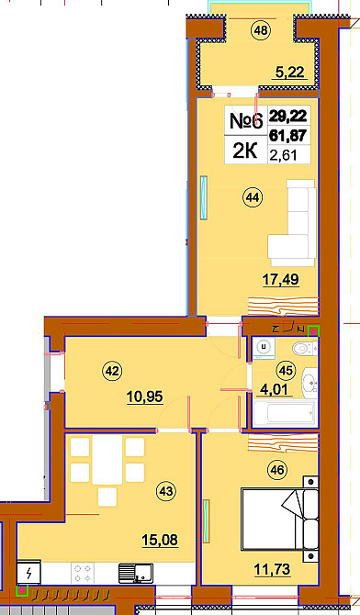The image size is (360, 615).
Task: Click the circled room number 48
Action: [261, 30]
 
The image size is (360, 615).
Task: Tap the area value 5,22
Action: [289, 73]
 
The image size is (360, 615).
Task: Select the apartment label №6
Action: [246, 120]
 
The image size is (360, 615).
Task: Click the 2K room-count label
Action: [245, 151]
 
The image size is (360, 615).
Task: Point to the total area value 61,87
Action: [287, 135]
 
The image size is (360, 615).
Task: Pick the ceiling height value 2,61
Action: [283, 156]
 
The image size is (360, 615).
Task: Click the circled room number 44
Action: [253, 197]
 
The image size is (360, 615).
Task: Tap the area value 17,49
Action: [280, 280]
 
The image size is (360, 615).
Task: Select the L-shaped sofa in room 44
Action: [292, 223]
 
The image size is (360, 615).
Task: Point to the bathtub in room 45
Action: [284, 413]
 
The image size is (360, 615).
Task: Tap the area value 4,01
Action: [276, 390]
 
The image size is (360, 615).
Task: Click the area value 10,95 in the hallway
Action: [144, 397]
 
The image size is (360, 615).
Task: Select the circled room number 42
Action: [112, 371]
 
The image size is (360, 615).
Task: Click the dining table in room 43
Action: [107, 461]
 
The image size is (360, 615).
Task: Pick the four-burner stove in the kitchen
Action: [83, 573]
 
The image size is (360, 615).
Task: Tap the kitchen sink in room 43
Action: [135, 573]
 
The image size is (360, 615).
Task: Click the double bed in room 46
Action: [279, 519]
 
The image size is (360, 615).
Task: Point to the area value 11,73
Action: [272, 569]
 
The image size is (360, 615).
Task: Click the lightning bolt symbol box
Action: [28, 574]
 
